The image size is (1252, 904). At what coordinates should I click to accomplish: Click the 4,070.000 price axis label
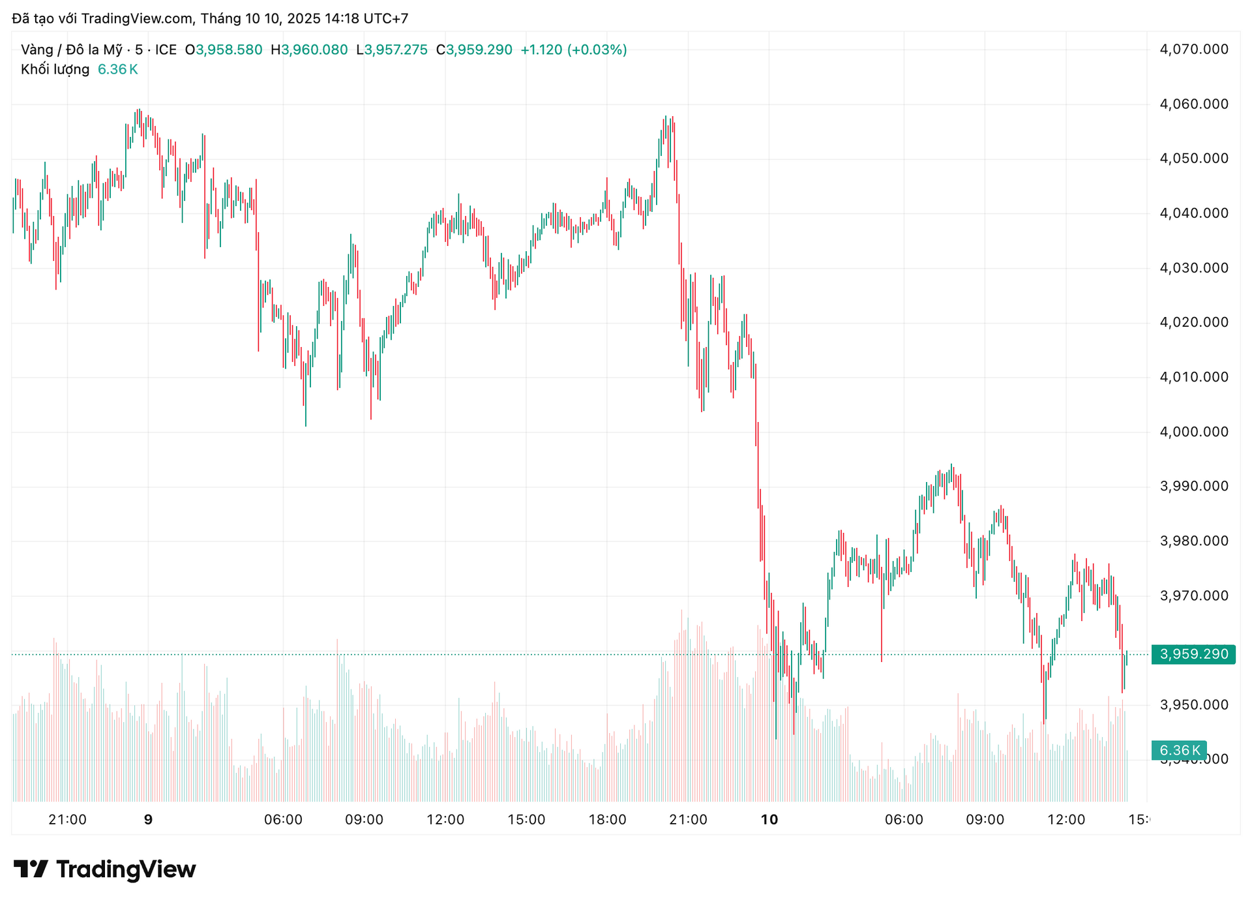coord(1194,49)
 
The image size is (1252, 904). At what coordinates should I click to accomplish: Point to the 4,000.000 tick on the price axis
coord(1194,432)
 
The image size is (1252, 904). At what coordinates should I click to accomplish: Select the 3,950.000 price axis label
coord(1194,704)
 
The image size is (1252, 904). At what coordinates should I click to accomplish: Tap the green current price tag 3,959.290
coord(1193,654)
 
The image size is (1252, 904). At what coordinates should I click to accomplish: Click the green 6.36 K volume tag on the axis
coord(1180,750)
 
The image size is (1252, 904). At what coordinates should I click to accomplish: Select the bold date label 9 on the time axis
coord(148,820)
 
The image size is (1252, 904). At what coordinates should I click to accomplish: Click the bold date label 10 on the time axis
coord(769,820)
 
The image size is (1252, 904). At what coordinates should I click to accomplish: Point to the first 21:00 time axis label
coord(67,820)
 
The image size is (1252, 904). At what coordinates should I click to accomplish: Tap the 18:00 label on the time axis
coord(607,820)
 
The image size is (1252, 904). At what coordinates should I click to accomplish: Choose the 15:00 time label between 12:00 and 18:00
coord(526,820)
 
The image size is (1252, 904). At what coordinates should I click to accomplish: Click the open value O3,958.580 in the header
coord(224,50)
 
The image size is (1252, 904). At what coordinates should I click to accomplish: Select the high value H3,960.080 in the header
coord(309,50)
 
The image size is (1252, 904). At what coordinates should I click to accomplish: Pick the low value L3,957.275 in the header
coord(392,50)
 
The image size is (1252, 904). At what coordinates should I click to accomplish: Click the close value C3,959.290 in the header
coord(474,50)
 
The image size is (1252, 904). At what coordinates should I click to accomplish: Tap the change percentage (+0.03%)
coord(597,50)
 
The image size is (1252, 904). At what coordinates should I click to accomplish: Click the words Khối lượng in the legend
coord(55,69)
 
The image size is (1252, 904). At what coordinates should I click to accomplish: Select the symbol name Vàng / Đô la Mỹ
coord(71,50)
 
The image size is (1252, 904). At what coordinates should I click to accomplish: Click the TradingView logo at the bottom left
coord(104,869)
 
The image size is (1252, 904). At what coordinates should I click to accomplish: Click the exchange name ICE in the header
coord(166,50)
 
